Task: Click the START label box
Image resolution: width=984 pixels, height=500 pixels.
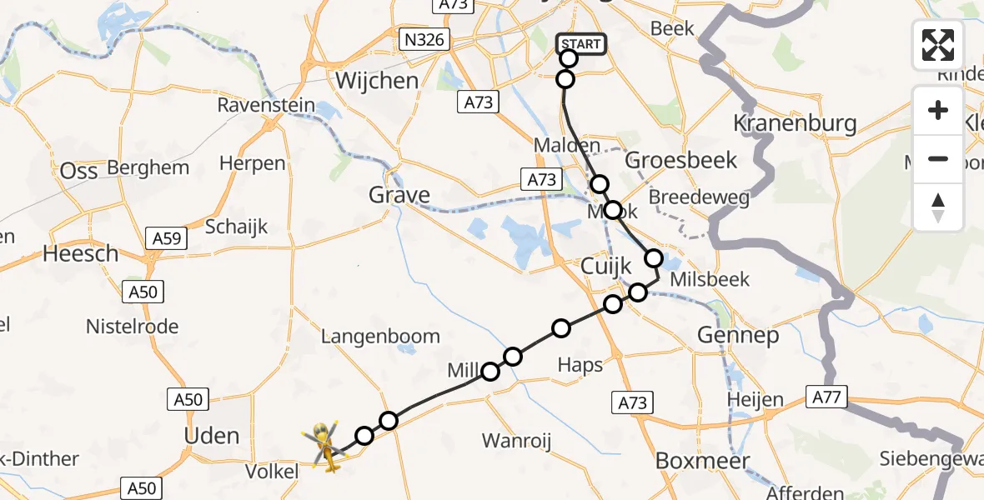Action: point(581,44)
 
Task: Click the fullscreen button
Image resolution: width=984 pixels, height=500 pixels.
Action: point(938,45)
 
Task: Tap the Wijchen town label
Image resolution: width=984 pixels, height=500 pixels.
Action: point(376,80)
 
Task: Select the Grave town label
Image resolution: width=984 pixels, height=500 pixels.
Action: point(400,196)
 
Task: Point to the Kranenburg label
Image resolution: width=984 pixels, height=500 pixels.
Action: point(794,124)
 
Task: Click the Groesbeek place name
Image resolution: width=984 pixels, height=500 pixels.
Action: point(680,159)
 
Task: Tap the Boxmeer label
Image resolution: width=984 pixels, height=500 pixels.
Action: point(703,460)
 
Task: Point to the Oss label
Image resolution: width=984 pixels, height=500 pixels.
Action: point(79,171)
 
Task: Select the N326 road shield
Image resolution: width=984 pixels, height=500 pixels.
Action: point(424,39)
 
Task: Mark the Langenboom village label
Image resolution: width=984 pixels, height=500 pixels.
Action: point(380,337)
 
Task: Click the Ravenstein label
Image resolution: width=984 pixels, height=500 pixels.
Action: point(266,106)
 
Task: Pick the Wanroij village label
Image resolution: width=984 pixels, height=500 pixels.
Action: point(517,441)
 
